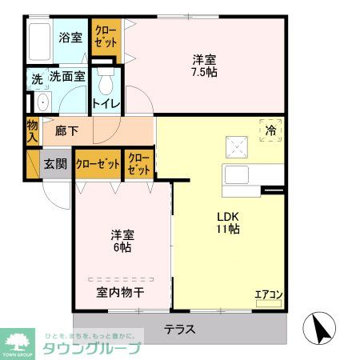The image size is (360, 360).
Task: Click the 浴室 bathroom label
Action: pyautogui.click(x=70, y=36)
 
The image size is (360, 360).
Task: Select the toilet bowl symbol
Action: pyautogui.click(x=105, y=82)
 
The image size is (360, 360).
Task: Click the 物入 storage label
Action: pyautogui.click(x=32, y=130)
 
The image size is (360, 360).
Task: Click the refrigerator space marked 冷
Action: pyautogui.click(x=270, y=130)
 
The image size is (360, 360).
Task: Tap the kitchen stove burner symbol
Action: pyautogui.click(x=238, y=146)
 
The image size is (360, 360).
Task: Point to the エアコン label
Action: pyautogui.click(x=269, y=294)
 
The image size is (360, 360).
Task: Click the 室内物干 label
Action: pyautogui.click(x=120, y=293)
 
